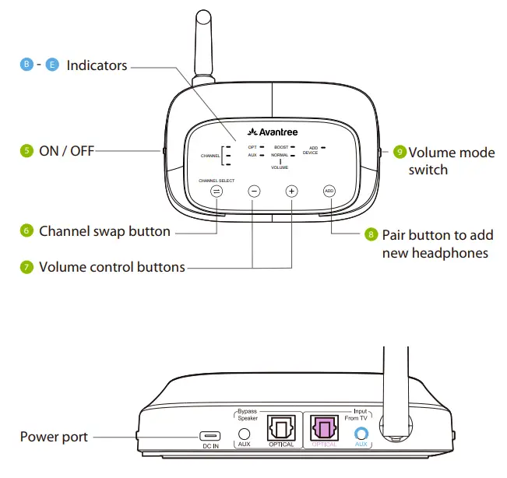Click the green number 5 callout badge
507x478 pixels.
click(26, 150)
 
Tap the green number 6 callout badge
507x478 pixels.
click(26, 231)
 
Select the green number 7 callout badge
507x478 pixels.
click(26, 267)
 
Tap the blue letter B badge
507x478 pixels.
click(26, 65)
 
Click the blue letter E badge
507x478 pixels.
click(52, 65)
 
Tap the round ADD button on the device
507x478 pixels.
click(329, 191)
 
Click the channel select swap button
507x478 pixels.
click(217, 191)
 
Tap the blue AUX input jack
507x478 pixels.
click(361, 434)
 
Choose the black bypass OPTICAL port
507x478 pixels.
click(280, 427)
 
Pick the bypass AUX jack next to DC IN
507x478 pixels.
click(245, 434)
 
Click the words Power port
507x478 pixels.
click(54, 437)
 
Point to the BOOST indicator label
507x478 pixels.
click(281, 146)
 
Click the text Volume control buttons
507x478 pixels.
click(112, 267)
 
